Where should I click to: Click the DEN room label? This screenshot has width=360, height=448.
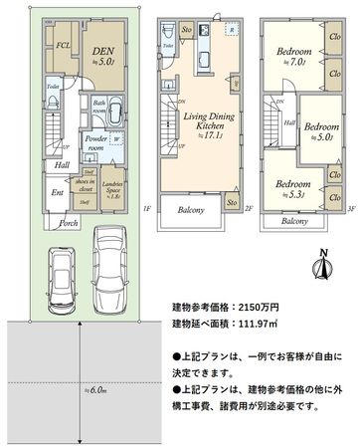coord(102,48)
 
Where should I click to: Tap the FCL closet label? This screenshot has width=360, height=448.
coord(62,46)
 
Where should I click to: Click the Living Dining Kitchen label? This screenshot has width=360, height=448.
coord(202,127)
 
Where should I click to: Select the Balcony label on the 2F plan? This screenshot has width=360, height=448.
coord(191,210)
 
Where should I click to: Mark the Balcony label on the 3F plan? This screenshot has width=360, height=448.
coord(294,221)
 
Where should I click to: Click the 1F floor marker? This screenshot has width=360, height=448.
coord(145,209)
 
